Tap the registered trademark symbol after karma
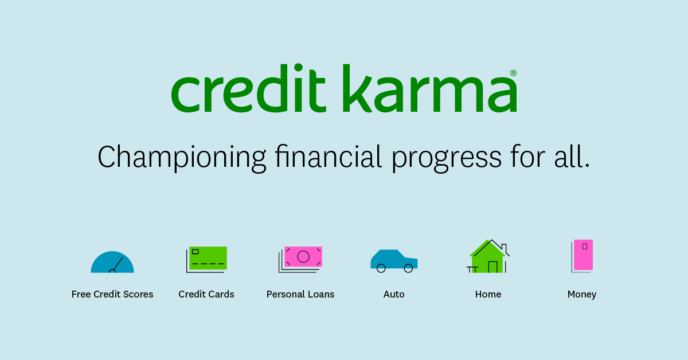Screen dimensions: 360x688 [513, 73]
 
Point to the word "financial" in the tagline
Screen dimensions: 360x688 [329, 156]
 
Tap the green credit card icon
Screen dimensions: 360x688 [208, 259]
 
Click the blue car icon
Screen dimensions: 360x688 [394, 260]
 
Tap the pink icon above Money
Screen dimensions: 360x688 [583, 255]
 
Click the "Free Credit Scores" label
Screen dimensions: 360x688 [112, 295]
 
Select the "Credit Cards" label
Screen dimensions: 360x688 [206, 295]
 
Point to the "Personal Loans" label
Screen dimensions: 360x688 [300, 295]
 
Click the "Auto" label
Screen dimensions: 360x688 [394, 295]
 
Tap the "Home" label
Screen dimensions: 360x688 [488, 295]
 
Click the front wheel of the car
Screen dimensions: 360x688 [408, 268]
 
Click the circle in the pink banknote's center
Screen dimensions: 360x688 [303, 257]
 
